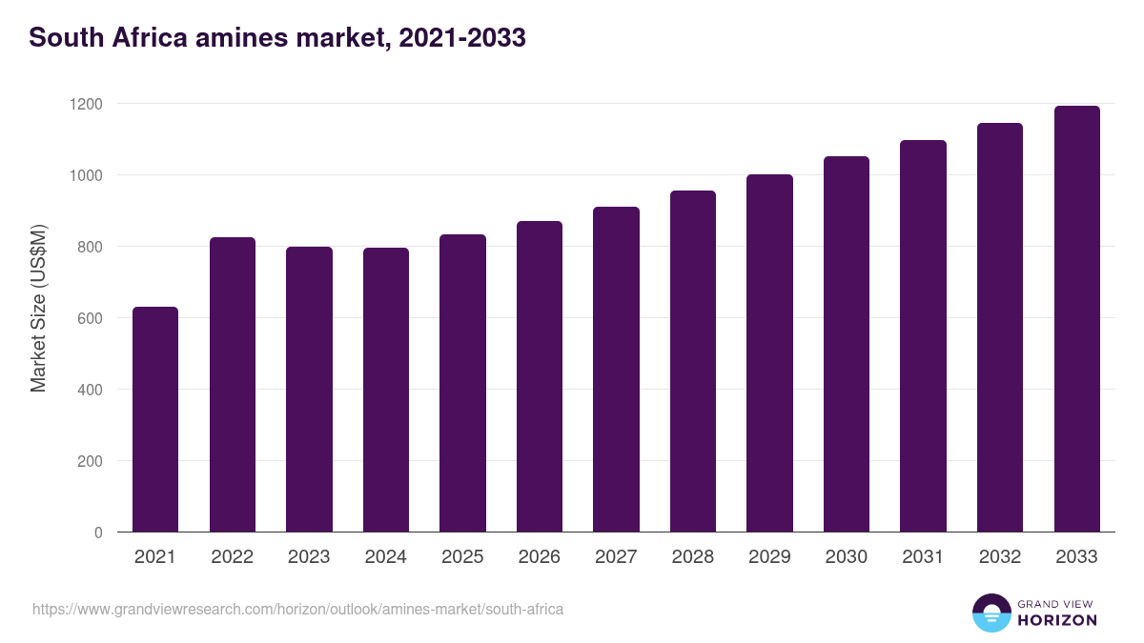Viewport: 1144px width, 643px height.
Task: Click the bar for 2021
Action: [x=155, y=419]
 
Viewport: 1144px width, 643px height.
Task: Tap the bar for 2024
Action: [x=386, y=390]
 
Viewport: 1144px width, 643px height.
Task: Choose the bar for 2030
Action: [x=847, y=344]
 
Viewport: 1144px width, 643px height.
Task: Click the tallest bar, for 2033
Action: [x=1076, y=319]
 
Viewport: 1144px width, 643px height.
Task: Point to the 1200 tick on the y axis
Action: [x=85, y=104]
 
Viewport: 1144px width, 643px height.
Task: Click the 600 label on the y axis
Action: [x=90, y=318]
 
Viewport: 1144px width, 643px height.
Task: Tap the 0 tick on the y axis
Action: [x=98, y=532]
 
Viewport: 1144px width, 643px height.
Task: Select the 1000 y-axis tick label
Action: [x=85, y=175]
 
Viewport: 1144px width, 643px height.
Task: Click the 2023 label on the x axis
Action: [x=309, y=557]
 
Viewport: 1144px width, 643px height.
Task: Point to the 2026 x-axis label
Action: [x=540, y=557]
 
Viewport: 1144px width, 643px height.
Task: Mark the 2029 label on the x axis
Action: [x=769, y=557]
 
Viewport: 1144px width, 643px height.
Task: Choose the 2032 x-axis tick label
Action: [x=1000, y=557]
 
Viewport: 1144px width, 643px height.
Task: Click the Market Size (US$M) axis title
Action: [x=38, y=310]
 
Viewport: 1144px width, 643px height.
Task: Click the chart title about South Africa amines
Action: [x=277, y=38]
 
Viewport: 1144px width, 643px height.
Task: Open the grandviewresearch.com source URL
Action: [x=298, y=609]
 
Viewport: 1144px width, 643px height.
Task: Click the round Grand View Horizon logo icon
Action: [x=991, y=613]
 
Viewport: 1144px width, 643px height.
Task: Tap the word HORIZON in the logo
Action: [x=1057, y=620]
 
